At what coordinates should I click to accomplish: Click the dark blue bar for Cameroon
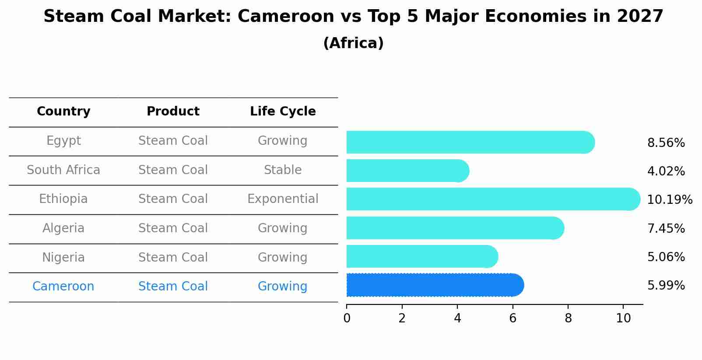coord(435,285)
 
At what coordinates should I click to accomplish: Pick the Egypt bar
coord(470,142)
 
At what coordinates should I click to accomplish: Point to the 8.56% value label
coord(666,143)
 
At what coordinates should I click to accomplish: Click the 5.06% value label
coord(666,257)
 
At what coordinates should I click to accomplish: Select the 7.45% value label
coord(666,228)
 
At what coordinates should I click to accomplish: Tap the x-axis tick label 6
coord(512,318)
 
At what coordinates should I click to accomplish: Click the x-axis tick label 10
coord(623,318)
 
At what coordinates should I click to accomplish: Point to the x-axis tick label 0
coord(347,318)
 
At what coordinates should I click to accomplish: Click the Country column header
coord(63,112)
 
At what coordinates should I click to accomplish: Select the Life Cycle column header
coord(283,112)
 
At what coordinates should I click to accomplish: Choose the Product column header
coord(173,112)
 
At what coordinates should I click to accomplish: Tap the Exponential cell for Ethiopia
coord(283,199)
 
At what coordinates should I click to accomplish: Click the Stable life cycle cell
coord(283,170)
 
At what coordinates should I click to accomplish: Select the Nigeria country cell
coord(63,257)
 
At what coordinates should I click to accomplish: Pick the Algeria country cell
coord(63,228)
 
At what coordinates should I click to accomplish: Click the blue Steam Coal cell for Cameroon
coord(173,287)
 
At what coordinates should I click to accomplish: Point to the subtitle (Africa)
coord(353,43)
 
